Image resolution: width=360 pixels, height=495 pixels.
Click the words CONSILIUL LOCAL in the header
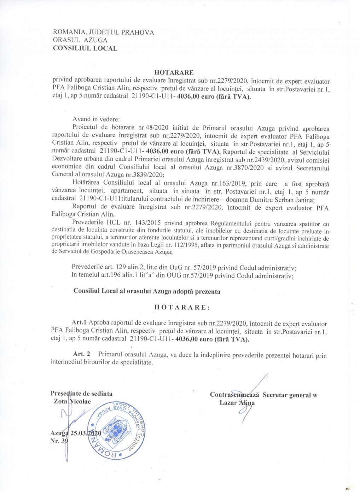tap(85, 48)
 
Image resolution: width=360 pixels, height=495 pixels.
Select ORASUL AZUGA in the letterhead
tap(80, 40)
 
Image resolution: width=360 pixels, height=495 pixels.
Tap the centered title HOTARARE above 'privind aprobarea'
tap(174, 72)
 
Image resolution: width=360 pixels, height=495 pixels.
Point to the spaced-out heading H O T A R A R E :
tap(182, 307)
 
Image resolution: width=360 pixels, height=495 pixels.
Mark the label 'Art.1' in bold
tap(79, 322)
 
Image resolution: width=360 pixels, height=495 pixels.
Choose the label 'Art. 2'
tap(81, 354)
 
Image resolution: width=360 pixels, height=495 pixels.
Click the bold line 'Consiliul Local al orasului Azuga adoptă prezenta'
tap(147, 291)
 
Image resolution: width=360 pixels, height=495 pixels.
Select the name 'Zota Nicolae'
tap(72, 401)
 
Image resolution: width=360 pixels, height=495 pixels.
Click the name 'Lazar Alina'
tap(237, 403)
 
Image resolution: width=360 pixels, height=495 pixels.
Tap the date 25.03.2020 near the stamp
tap(86, 433)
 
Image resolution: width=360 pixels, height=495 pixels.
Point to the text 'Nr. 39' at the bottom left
tap(59, 441)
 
